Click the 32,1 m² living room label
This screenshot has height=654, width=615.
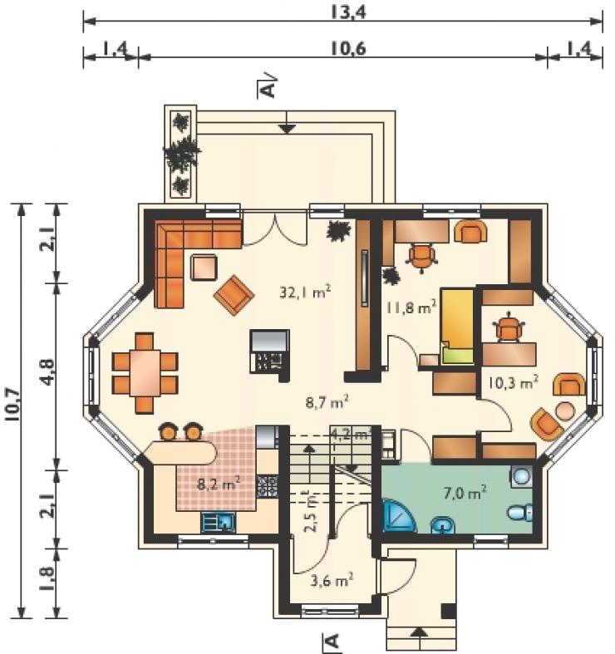click(305, 292)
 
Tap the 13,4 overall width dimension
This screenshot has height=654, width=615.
click(348, 12)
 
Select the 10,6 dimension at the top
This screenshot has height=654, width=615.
click(348, 49)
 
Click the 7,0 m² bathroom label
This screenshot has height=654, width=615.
click(464, 494)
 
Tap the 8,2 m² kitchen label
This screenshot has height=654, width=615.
click(219, 484)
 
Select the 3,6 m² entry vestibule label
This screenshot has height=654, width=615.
click(332, 580)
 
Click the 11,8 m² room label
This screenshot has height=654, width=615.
click(411, 307)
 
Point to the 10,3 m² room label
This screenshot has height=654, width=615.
click(513, 382)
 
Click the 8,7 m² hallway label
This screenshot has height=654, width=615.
click(327, 403)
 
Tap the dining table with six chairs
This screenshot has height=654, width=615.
click(145, 373)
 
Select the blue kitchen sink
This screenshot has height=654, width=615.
click(219, 522)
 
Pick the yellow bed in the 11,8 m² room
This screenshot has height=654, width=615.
click(457, 326)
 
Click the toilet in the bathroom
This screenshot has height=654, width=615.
click(520, 513)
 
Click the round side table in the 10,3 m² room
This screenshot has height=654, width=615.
click(564, 411)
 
